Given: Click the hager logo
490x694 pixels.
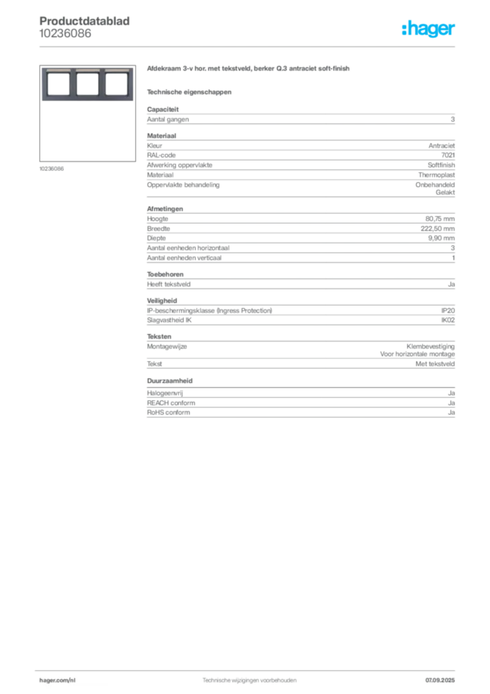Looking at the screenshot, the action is pyautogui.click(x=428, y=28).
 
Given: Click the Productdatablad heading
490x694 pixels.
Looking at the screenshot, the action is pyautogui.click(x=85, y=21).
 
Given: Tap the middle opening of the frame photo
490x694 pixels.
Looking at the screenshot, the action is pyautogui.click(x=87, y=83).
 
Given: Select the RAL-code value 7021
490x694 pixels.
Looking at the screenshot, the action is pyautogui.click(x=448, y=155).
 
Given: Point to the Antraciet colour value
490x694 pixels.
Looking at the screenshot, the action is pyautogui.click(x=441, y=146).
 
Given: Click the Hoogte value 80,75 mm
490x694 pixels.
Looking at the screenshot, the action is pyautogui.click(x=440, y=219).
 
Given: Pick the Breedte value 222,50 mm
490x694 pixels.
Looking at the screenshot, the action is pyautogui.click(x=437, y=228).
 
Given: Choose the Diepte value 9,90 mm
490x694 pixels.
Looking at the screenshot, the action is pyautogui.click(x=441, y=238).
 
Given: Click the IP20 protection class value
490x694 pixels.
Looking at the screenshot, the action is pyautogui.click(x=448, y=310).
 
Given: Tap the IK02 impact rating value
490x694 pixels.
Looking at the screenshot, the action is pyautogui.click(x=448, y=320).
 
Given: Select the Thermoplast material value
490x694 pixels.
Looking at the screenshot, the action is pyautogui.click(x=437, y=175).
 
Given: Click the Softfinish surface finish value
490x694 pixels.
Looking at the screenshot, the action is pyautogui.click(x=441, y=165).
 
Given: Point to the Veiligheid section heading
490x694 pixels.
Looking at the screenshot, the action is pyautogui.click(x=162, y=300).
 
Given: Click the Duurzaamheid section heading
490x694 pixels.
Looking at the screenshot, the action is pyautogui.click(x=170, y=381).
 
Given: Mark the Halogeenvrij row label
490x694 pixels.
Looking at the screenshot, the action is pyautogui.click(x=165, y=393).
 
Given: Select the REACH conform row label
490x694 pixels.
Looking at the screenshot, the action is pyautogui.click(x=171, y=403).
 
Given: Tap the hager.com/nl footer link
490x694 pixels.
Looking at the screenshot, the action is pyautogui.click(x=58, y=680).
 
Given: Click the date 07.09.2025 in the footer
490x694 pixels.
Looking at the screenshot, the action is pyautogui.click(x=440, y=680).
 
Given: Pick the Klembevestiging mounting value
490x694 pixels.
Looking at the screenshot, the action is pyautogui.click(x=430, y=346).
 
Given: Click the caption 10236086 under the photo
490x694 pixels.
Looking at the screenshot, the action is pyautogui.click(x=51, y=169).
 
